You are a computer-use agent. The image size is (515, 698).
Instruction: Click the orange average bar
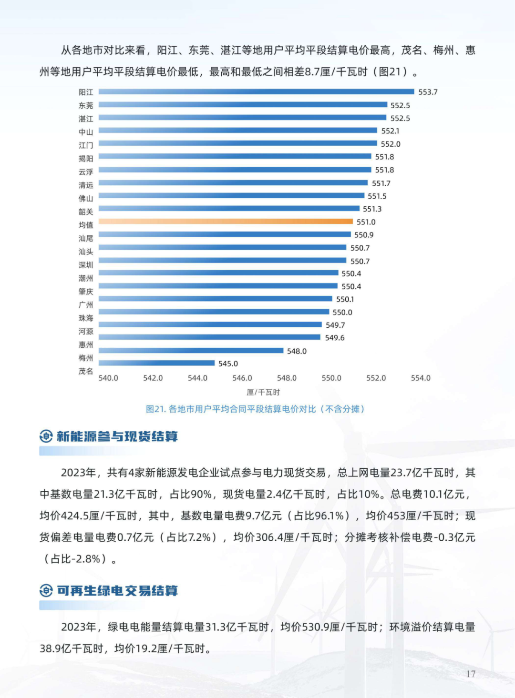click(226, 221)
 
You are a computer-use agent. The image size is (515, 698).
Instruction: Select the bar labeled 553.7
click(256, 91)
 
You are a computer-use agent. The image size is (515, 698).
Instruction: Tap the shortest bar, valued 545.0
click(156, 363)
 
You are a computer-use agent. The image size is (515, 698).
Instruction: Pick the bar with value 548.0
click(191, 351)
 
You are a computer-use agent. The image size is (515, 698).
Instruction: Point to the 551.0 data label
click(366, 222)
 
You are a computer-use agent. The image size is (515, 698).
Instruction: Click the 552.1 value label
click(390, 131)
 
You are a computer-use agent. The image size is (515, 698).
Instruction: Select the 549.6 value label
click(334, 338)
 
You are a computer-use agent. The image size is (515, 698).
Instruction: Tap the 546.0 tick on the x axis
click(242, 378)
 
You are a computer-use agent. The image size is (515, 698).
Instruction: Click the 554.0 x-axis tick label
click(421, 378)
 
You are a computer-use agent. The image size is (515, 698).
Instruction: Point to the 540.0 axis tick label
click(108, 378)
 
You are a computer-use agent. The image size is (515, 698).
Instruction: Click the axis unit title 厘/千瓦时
click(263, 392)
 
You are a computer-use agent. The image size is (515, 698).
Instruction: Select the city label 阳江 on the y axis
click(86, 92)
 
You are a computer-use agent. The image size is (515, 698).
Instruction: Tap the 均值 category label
click(86, 225)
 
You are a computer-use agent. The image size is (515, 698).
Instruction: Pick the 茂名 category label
click(86, 371)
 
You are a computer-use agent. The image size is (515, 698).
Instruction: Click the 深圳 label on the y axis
click(86, 265)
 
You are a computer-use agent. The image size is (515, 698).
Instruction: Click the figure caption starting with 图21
click(255, 409)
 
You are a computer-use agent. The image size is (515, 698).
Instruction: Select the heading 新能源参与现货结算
click(117, 436)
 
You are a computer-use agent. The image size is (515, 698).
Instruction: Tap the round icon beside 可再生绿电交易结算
click(46, 591)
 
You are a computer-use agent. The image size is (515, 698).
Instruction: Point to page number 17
click(471, 674)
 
